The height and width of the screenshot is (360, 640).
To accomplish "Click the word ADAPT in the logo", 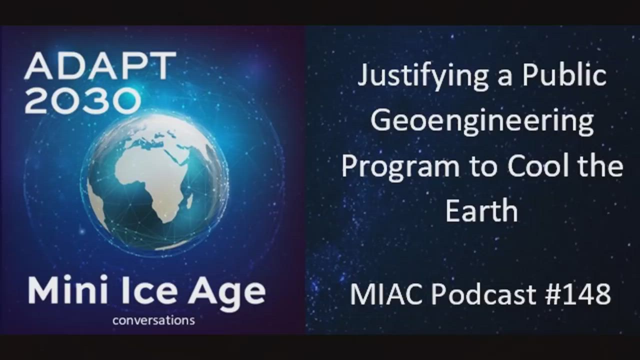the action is [100, 66].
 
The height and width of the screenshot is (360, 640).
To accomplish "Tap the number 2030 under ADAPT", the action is [83, 100].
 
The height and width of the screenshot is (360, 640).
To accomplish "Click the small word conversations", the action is [153, 320].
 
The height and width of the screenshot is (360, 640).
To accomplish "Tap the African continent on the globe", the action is [151, 183].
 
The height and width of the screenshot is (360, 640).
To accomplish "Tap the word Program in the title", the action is [400, 168].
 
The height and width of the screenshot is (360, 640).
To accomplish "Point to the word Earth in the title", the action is [481, 210].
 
